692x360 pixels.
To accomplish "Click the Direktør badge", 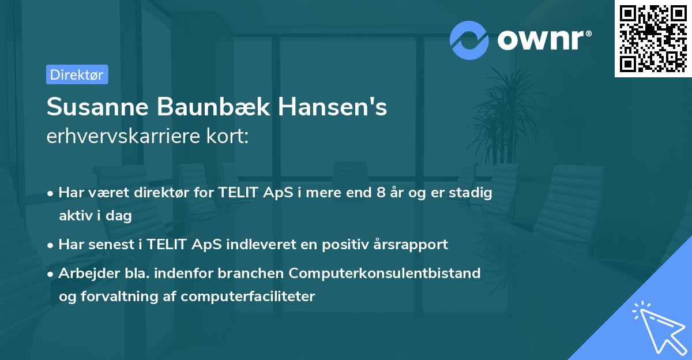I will pos(77,74).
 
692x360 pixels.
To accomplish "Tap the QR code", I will pos(653,38).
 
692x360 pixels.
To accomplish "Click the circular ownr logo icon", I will pos(469,40).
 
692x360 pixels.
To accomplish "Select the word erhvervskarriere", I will pos(126,137).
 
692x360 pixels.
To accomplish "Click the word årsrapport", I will pos(412,244).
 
